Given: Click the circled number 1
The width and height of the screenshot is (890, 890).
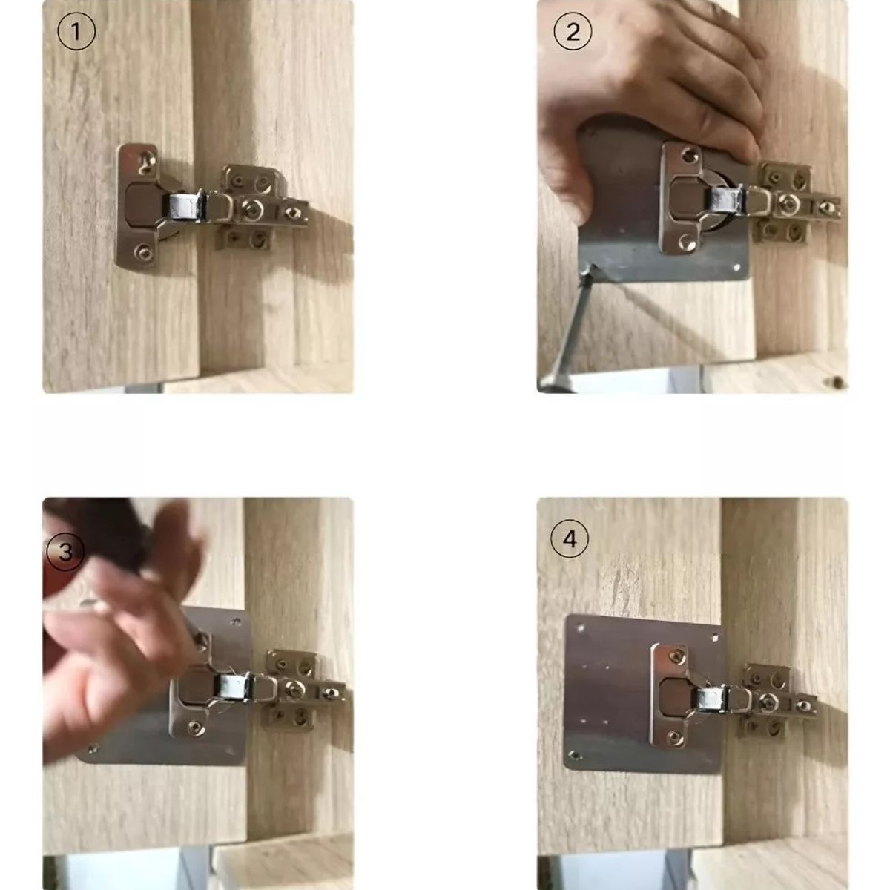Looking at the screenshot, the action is click(76, 33).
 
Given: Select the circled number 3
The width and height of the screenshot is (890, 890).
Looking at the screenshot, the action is click(65, 552).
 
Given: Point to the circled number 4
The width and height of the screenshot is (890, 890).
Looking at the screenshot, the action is click(570, 539).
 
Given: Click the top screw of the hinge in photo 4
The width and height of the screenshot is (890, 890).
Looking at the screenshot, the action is click(678, 654).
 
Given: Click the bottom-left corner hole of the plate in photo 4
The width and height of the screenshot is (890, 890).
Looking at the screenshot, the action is click(574, 755).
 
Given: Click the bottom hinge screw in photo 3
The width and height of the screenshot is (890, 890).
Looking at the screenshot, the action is click(195, 728).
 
